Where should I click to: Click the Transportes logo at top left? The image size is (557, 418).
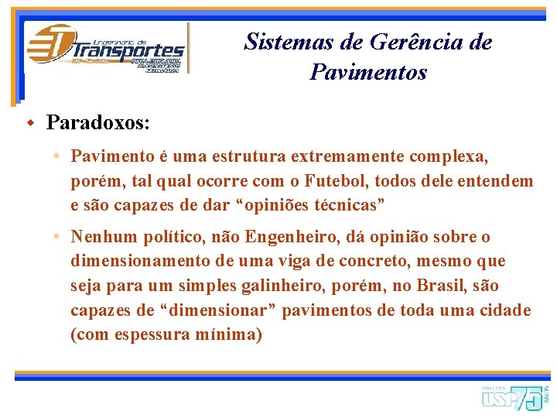[x=106, y=48]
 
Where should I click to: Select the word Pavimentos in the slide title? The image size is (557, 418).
[x=367, y=73]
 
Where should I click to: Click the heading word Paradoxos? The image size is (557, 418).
[x=98, y=122]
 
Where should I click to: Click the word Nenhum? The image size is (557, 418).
[x=102, y=237]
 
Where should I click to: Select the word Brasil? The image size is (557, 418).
[x=442, y=286]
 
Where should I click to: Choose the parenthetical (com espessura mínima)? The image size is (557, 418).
[x=166, y=336]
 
